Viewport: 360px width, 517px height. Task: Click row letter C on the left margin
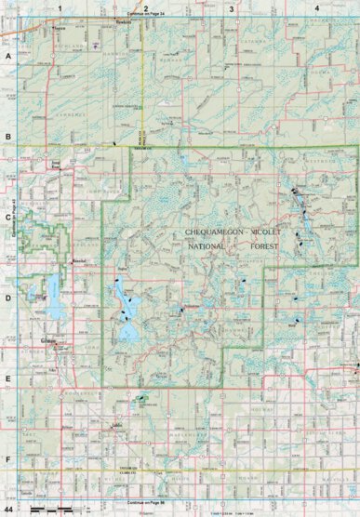(x=8, y=219)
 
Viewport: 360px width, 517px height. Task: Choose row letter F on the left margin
(x=8, y=460)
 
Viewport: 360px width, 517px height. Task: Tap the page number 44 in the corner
(x=8, y=510)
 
